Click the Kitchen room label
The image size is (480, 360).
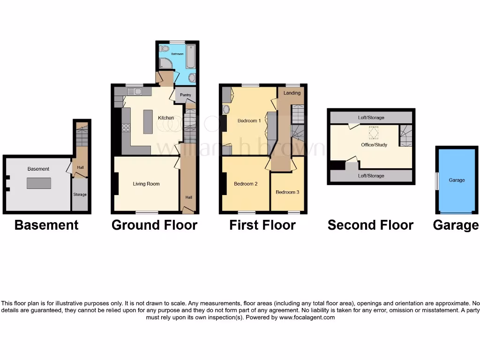click(x=166, y=118)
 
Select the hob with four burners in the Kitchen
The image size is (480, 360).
click(x=126, y=127)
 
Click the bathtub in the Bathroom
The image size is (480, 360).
click(x=191, y=56)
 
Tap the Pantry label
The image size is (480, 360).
click(x=186, y=95)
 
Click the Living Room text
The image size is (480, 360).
click(x=146, y=184)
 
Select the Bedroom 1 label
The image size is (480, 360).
click(x=249, y=121)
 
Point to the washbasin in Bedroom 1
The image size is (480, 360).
click(x=226, y=109)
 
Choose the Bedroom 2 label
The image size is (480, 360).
click(x=246, y=184)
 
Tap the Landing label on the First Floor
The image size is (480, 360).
click(x=292, y=93)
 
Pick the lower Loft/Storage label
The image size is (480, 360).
click(x=371, y=176)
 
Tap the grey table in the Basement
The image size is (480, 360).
click(x=39, y=183)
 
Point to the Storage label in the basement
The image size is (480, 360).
click(x=80, y=194)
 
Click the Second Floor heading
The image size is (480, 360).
click(x=370, y=225)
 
